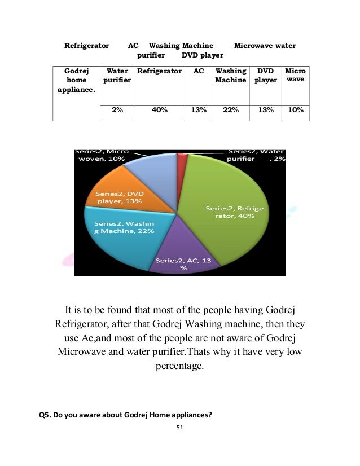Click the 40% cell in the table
point(159,111)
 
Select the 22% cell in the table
point(231,111)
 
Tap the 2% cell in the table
point(117,111)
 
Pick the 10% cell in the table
point(295,111)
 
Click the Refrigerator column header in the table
point(159,72)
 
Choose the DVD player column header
point(265,76)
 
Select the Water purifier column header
point(117,76)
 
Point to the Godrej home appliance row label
point(76,80)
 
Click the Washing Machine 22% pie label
point(120,227)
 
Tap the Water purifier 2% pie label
point(256,155)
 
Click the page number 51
point(180,427)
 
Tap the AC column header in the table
point(199,72)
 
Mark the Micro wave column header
point(295,76)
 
